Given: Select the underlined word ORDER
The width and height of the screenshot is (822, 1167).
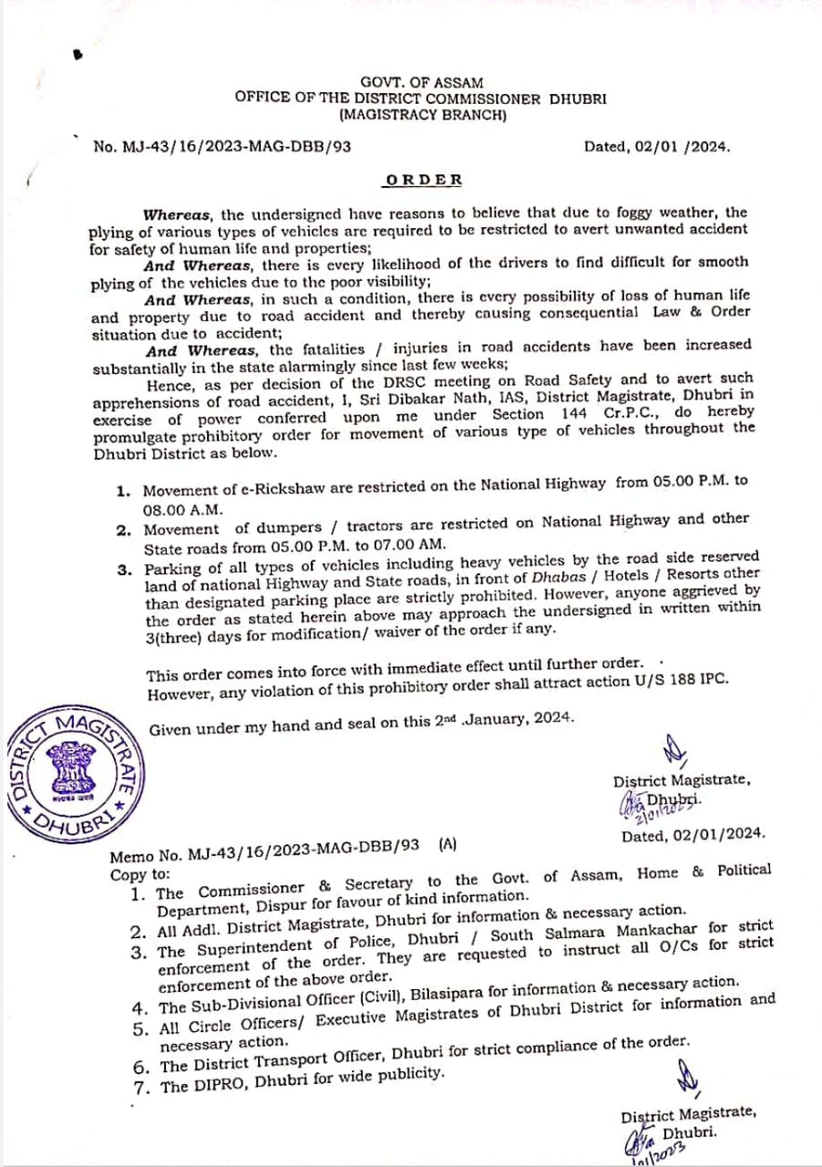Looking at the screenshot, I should (423, 180).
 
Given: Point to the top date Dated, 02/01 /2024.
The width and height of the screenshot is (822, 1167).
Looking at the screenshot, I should (657, 146).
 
